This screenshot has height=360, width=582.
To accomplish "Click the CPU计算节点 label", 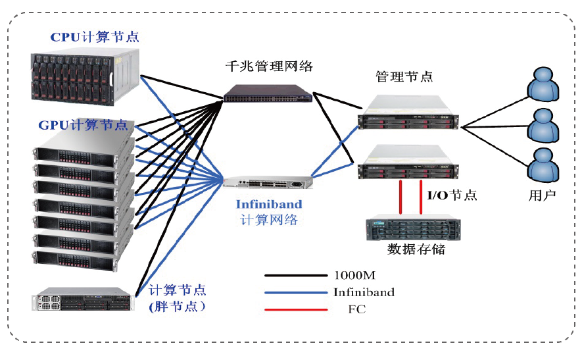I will pyautogui.click(x=95, y=37).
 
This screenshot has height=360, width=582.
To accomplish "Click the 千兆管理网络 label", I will pyautogui.click(x=268, y=66).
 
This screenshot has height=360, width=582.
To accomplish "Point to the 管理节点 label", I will pyautogui.click(x=404, y=76).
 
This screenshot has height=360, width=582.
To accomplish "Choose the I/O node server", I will pyautogui.click(x=408, y=164).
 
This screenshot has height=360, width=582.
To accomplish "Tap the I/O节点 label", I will pyautogui.click(x=452, y=195).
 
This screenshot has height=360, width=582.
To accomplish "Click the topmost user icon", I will pyautogui.click(x=545, y=83).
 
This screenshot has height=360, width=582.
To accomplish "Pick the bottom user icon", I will pyautogui.click(x=545, y=164).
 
